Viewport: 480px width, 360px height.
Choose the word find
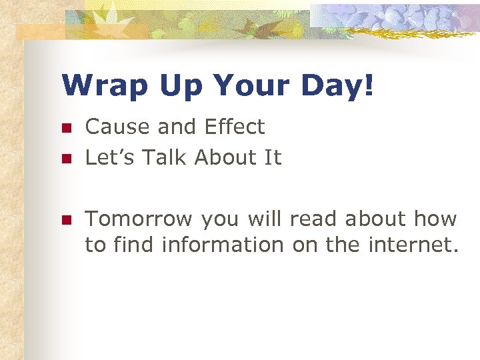132,245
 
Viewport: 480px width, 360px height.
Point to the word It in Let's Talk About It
274,158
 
